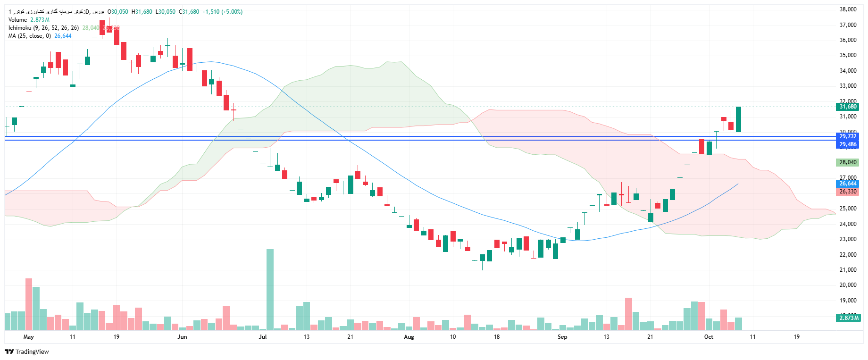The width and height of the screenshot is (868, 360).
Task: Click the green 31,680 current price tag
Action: pyautogui.click(x=848, y=107)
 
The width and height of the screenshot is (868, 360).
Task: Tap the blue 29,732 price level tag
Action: pyautogui.click(x=848, y=136)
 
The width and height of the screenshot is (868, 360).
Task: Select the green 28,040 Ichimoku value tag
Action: pyautogui.click(x=848, y=162)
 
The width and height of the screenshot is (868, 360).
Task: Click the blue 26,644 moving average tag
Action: pyautogui.click(x=848, y=184)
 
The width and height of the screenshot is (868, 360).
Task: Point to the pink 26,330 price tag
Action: pyautogui.click(x=848, y=192)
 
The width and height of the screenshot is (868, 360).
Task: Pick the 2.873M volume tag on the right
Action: pyautogui.click(x=849, y=318)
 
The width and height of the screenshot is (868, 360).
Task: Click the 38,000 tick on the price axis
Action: pyautogui.click(x=848, y=9)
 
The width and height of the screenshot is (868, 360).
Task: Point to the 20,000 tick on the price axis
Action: pyautogui.click(x=848, y=285)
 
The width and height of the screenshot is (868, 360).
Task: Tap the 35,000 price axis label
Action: pyautogui.click(x=848, y=55)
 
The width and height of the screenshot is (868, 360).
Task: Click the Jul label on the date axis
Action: pyautogui.click(x=263, y=337)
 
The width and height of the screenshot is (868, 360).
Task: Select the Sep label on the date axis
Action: pyautogui.click(x=562, y=337)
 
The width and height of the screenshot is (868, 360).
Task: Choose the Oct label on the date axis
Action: pyautogui.click(x=709, y=337)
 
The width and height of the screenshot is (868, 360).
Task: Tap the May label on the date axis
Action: pyautogui.click(x=28, y=337)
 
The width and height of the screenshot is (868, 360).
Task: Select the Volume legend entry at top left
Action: pyautogui.click(x=18, y=20)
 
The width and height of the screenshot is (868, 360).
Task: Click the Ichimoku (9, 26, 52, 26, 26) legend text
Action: pyautogui.click(x=43, y=28)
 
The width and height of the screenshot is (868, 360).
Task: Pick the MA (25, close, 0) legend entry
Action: pyautogui.click(x=29, y=36)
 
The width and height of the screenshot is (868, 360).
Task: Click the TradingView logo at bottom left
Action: pyautogui.click(x=27, y=352)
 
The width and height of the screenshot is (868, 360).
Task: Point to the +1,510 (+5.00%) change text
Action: pyautogui.click(x=222, y=12)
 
